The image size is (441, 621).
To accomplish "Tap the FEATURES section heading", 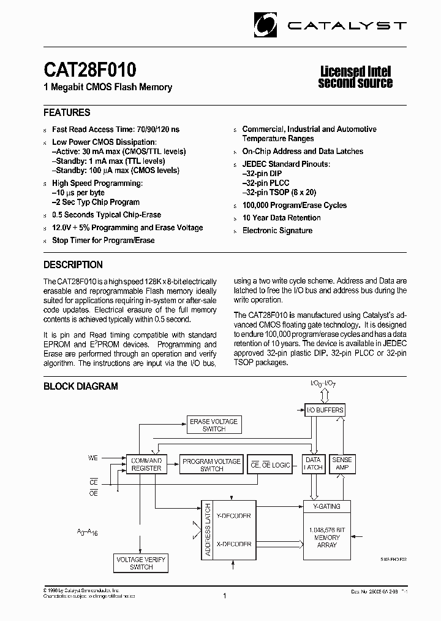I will (x=67, y=112).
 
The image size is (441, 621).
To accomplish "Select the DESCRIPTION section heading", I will (x=73, y=265).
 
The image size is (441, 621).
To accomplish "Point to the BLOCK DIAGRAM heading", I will (x=80, y=386).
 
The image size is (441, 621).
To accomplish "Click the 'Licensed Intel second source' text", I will (x=355, y=77).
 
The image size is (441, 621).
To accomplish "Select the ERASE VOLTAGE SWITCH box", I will (x=213, y=425).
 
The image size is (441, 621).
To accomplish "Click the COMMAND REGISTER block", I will (x=147, y=465).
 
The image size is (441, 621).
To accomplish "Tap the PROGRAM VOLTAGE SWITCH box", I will (x=211, y=465).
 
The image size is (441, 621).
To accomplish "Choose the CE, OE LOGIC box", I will (x=271, y=465).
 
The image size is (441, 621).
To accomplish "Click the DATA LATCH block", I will (x=313, y=463).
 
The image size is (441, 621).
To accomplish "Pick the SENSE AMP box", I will (x=342, y=463).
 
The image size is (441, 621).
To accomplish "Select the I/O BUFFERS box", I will (x=325, y=409).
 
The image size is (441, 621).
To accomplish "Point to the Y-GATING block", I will (x=326, y=506).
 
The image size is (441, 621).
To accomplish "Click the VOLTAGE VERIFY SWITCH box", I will (x=141, y=563).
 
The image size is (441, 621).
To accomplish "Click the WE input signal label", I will (x=93, y=458).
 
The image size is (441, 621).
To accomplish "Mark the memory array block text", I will (x=327, y=537).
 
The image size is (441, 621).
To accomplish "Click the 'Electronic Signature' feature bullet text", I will (x=277, y=231).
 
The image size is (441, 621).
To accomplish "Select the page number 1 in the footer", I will (x=225, y=595).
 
